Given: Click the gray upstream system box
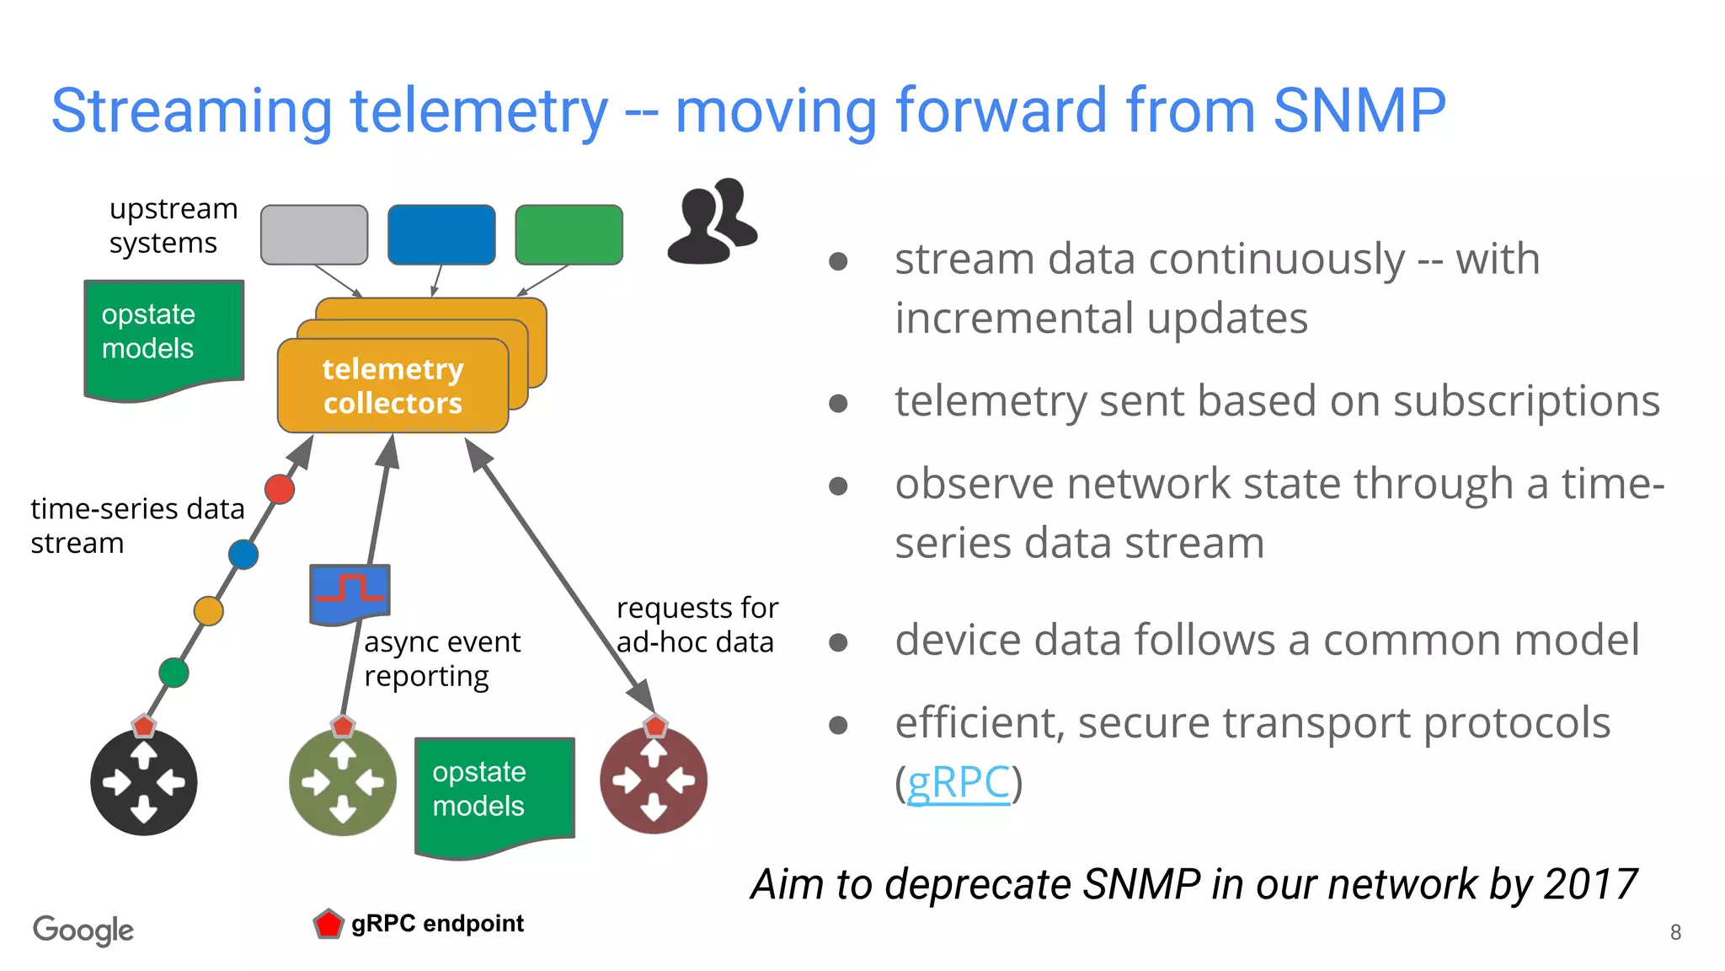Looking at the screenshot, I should tap(314, 234).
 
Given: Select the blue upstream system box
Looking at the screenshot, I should tap(441, 234).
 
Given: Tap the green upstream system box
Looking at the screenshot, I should tap(569, 234).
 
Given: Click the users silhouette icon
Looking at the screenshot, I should tap(713, 222).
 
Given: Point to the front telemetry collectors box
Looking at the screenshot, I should tap(393, 386).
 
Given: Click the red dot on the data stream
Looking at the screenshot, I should tap(280, 489).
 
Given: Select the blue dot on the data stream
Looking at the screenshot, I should tap(243, 555).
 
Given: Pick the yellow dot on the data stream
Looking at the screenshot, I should tap(208, 610).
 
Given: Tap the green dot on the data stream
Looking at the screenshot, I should tap(174, 673).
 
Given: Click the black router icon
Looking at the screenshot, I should tap(144, 783).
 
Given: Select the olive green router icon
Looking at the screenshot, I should tap(342, 783).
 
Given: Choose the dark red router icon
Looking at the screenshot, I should tap(654, 781).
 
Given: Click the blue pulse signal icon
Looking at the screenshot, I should tap(350, 593).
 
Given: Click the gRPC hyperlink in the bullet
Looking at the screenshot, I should tap(958, 782).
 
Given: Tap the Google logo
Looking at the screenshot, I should tap(83, 930).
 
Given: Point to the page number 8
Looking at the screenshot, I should tap(1675, 932).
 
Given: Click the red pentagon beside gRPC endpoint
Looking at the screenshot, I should tap(328, 924).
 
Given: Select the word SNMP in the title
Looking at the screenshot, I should tap(1359, 110).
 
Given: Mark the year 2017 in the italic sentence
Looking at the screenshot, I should tap(1591, 885).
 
